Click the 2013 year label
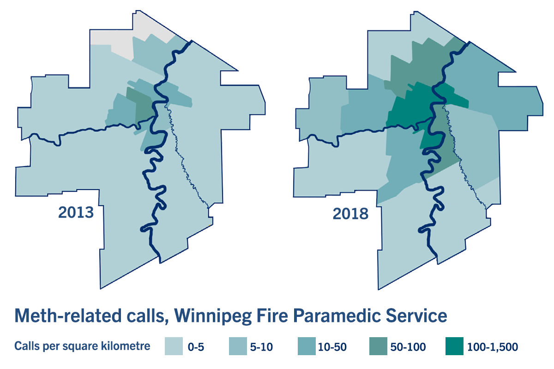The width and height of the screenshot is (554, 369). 76,212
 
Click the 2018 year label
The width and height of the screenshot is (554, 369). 350,214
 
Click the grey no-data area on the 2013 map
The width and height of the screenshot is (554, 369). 111,41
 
